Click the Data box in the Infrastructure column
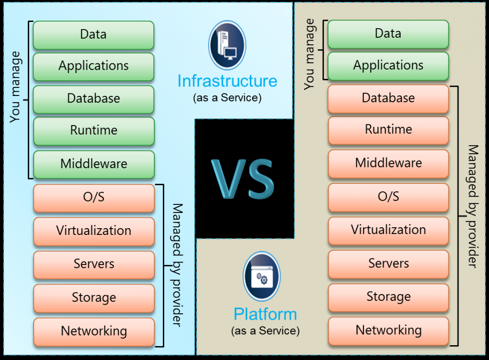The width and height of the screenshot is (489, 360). [x=94, y=34]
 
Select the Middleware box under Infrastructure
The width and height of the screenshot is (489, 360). [x=94, y=164]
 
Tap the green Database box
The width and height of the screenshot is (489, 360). [x=94, y=99]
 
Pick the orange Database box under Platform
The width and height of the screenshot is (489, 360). [x=388, y=98]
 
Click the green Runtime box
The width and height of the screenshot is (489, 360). [x=94, y=130]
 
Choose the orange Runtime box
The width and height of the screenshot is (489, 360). [x=388, y=129]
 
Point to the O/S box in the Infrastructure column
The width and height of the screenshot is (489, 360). [x=94, y=197]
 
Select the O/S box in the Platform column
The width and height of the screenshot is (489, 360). [x=388, y=196]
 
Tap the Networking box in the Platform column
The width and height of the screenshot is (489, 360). [x=388, y=330]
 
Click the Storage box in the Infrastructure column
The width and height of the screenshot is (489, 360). [x=94, y=297]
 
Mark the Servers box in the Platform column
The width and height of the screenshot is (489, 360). [x=388, y=263]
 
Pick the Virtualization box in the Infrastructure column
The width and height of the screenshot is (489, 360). [x=94, y=231]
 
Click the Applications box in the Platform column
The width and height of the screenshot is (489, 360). [x=388, y=65]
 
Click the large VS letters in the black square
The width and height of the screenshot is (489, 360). [x=244, y=179]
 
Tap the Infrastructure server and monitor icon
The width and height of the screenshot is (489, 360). [x=227, y=45]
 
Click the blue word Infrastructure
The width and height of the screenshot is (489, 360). [x=227, y=81]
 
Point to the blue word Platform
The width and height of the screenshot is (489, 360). [x=265, y=314]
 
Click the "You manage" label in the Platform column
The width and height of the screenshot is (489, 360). [x=310, y=53]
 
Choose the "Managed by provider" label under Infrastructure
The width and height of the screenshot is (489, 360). [x=177, y=265]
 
